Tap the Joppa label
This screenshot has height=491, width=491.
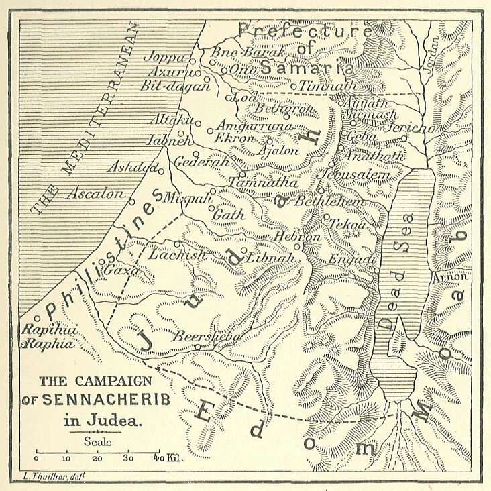pos(164,56)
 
